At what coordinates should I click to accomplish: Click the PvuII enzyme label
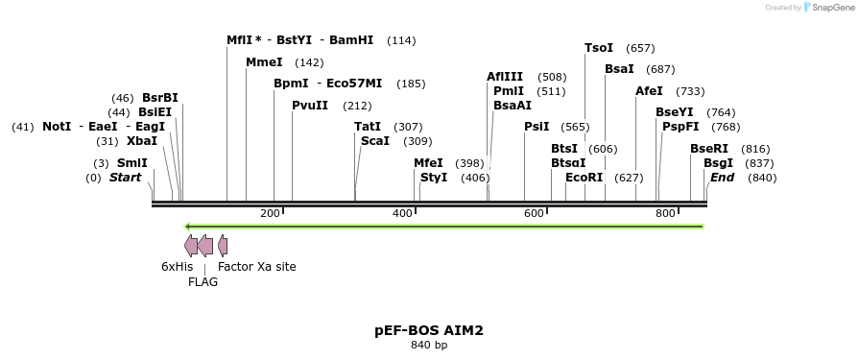pos(310,106)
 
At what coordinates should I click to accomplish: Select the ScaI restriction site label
pos(374,141)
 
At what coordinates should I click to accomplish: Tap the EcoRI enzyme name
pos(584,178)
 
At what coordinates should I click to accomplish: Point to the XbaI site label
pos(141,141)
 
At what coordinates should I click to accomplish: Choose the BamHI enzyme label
pos(351,40)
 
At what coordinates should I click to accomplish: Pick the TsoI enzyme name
pos(599,48)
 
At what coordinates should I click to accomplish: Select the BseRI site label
pos(709,149)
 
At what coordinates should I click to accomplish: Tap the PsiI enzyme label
pos(537,127)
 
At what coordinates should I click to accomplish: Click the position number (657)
pos(640,48)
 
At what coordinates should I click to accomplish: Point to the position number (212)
pos(357,106)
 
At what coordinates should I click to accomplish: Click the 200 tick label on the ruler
pos(270,212)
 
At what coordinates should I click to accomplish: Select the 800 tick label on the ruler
pos(665,212)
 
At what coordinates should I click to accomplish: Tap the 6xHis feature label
pos(177,267)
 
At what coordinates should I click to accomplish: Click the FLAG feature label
pos(203,282)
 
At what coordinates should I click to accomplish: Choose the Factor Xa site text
pos(257,267)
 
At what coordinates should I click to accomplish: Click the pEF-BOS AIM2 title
pos(429,330)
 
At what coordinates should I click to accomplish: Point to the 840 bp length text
pos(429,345)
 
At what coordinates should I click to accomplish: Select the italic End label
pos(722,178)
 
